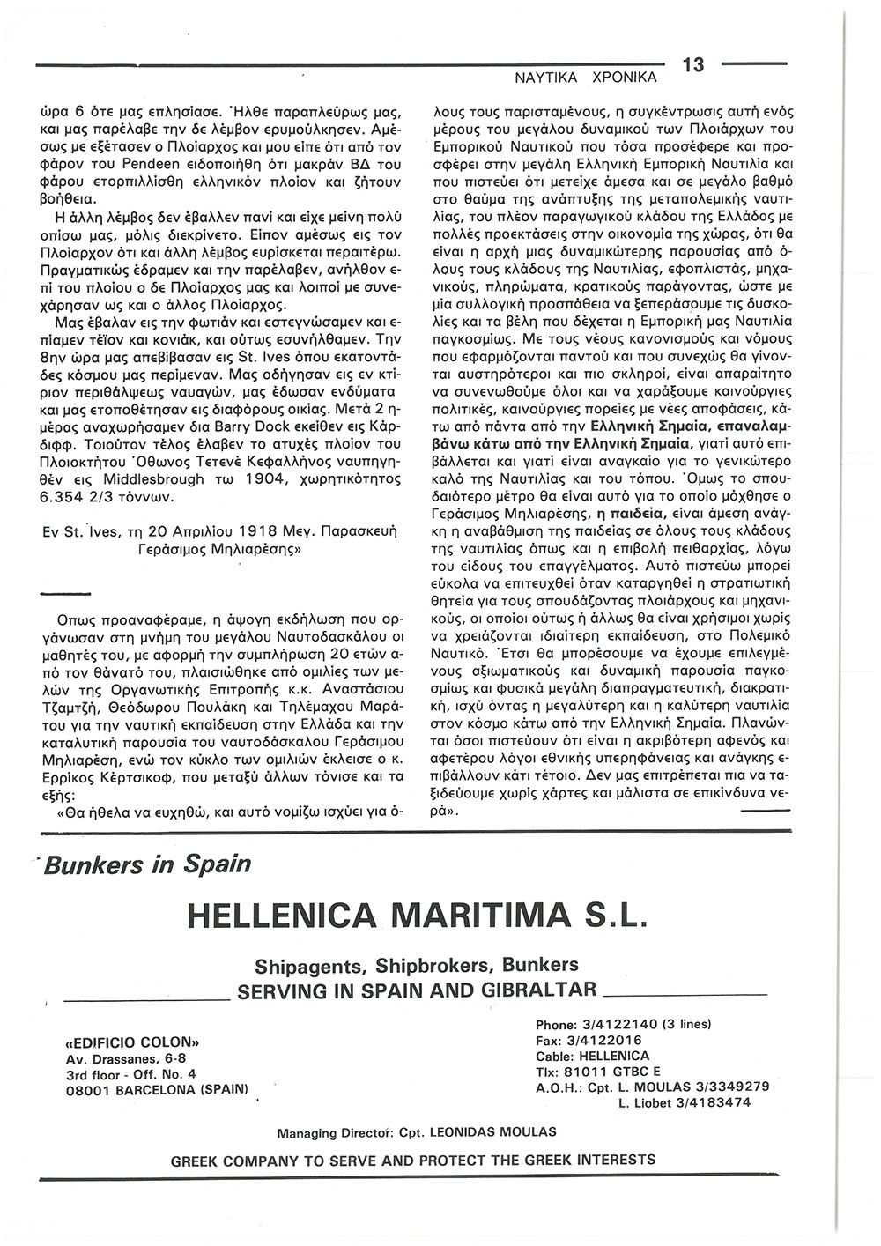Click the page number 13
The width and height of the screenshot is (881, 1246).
(694, 65)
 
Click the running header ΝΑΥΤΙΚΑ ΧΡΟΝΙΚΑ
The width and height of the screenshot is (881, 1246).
(586, 78)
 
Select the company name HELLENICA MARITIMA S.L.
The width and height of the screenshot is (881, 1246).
(418, 916)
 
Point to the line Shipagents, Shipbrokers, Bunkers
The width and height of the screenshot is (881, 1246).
(417, 965)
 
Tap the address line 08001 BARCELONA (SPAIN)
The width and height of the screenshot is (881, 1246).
(158, 1088)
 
